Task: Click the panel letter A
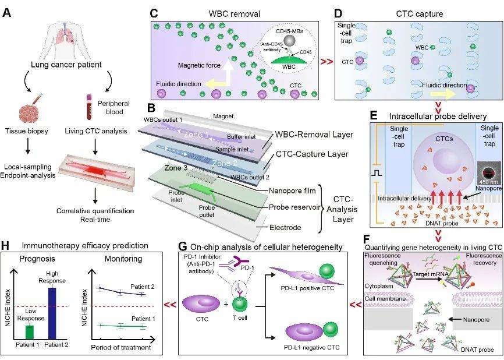7,13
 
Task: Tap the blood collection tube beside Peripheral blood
88,107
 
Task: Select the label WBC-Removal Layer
314,134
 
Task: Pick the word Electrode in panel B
285,227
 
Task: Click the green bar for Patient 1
30,331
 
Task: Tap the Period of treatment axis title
121,347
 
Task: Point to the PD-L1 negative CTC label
312,347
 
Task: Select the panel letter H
6,245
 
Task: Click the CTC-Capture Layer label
312,154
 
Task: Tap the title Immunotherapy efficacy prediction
85,245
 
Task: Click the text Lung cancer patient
66,64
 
